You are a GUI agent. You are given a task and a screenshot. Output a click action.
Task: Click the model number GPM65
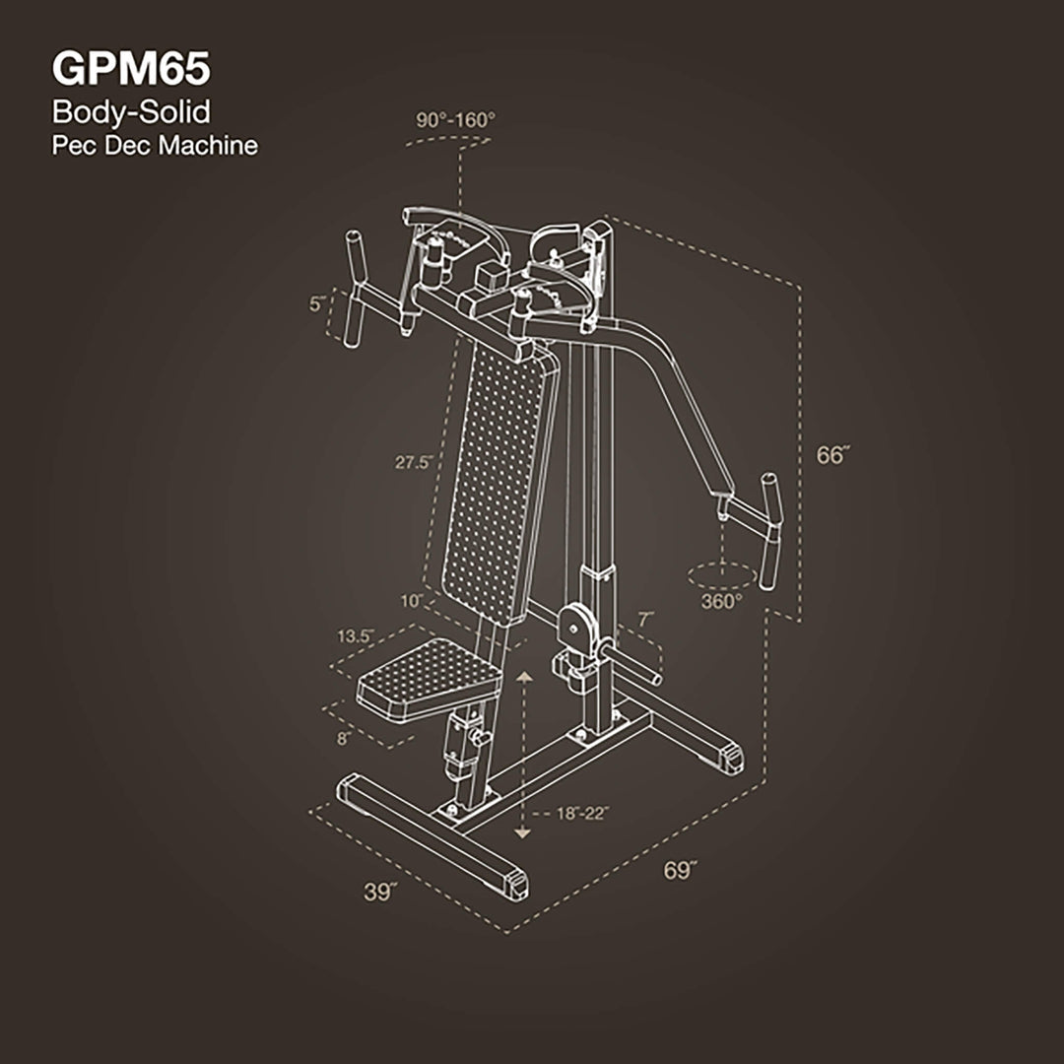[130, 70]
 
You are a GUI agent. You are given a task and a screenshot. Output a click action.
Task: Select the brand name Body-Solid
[131, 111]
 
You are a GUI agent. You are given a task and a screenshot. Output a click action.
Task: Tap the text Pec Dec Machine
[155, 146]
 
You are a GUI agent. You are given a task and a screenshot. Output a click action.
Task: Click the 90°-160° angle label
[455, 119]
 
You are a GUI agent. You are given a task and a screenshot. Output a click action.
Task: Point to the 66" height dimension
[833, 455]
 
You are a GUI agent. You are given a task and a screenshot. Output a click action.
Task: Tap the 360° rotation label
[723, 601]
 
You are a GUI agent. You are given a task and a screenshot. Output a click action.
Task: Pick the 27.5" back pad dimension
[411, 461]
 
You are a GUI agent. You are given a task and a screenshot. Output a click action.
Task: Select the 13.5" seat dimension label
[355, 636]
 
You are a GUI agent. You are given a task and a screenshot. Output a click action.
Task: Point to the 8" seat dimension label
[344, 738]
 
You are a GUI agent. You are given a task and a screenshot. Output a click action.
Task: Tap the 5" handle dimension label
[317, 305]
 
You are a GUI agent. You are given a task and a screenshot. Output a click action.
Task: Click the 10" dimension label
[412, 600]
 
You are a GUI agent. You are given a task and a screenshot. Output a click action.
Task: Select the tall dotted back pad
[498, 483]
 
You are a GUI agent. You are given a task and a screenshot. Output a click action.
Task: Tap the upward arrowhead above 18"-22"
[523, 679]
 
